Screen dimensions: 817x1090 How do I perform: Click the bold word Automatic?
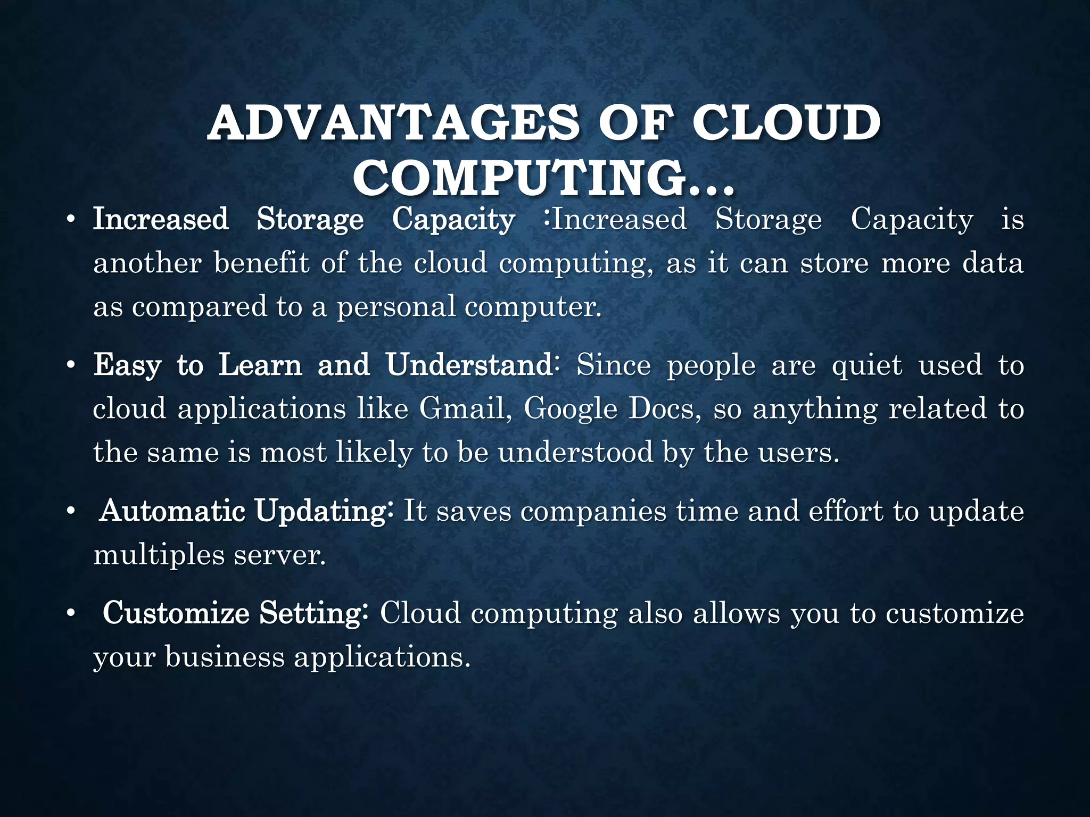pyautogui.click(x=172, y=511)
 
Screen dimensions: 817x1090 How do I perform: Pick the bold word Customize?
pyautogui.click(x=176, y=613)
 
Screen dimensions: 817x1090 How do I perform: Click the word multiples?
pyautogui.click(x=159, y=555)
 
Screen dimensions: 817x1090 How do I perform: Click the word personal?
pyautogui.click(x=396, y=307)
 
